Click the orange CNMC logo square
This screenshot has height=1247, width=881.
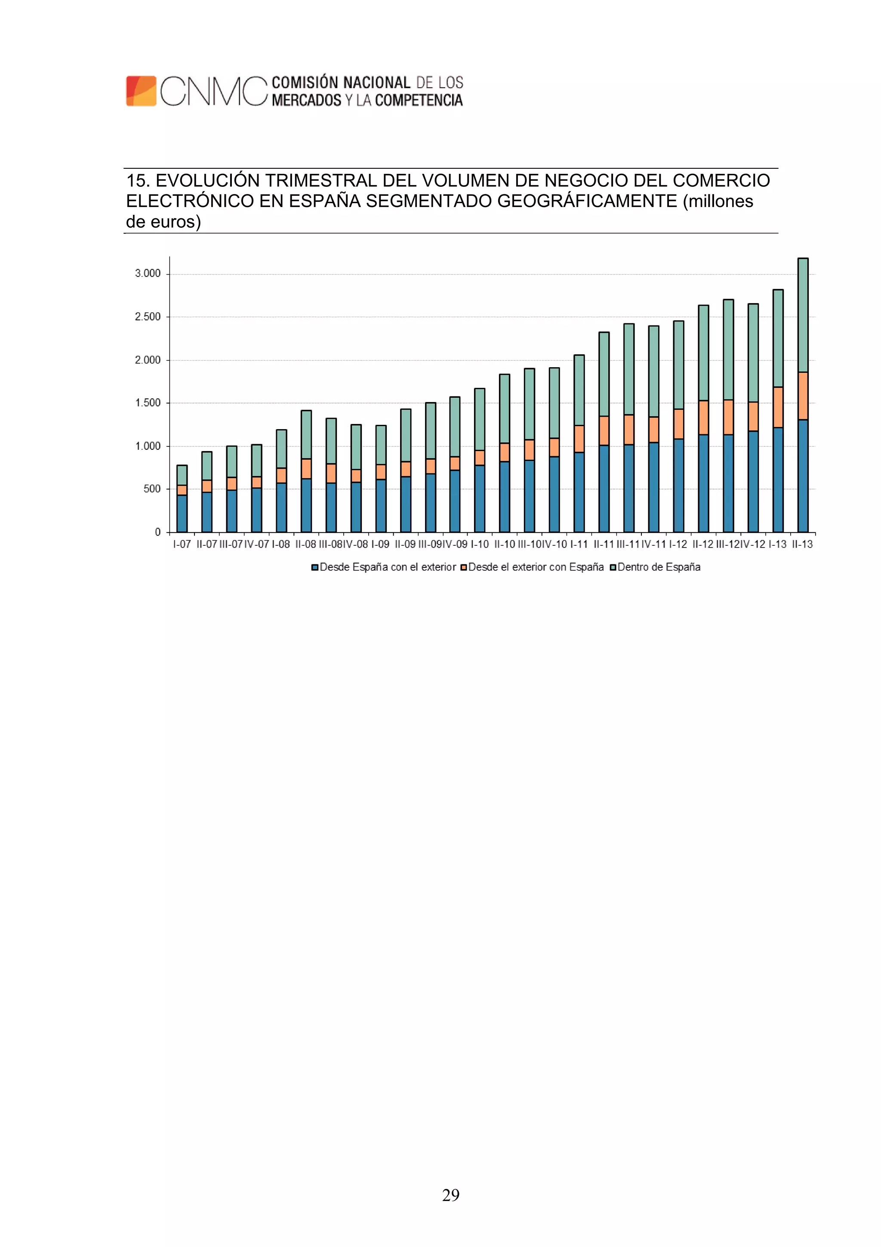[x=141, y=91]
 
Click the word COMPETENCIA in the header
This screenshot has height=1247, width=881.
[x=419, y=100]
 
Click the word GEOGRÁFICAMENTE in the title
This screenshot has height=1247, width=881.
[x=587, y=201]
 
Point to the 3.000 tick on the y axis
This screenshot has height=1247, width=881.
[x=148, y=273]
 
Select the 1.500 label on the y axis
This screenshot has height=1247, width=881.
[x=148, y=402]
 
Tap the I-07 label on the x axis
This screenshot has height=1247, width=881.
[x=182, y=544]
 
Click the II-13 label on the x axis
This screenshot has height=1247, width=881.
[x=802, y=544]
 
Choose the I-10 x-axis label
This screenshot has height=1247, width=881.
[x=480, y=544]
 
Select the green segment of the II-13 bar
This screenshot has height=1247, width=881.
[x=803, y=315]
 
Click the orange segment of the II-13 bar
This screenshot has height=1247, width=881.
[x=803, y=396]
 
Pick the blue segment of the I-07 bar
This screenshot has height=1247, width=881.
[x=182, y=513]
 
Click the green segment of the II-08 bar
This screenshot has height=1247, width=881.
[x=306, y=434]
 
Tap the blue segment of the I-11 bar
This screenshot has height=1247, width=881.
[x=579, y=492]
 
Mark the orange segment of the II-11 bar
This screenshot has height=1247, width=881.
[x=604, y=431]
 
